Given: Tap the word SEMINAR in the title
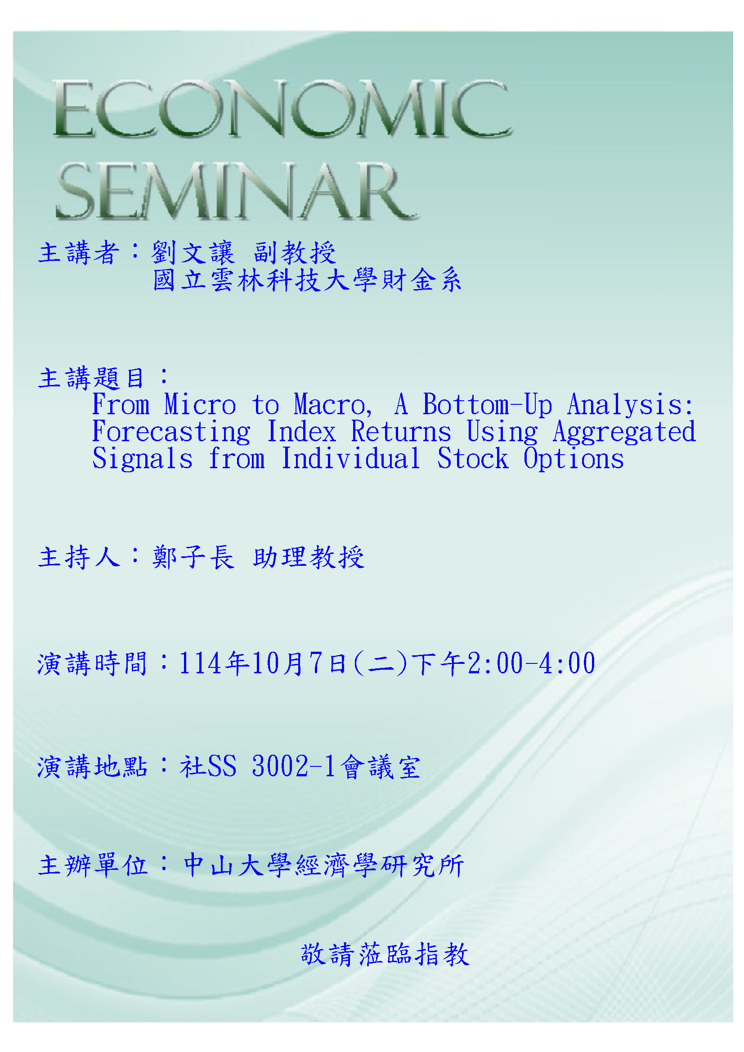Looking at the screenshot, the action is pos(236,191).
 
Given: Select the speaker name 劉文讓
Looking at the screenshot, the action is pos(193,252).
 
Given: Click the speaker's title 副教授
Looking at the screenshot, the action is pos(295,252).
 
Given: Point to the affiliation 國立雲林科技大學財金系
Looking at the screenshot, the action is pos(307,280).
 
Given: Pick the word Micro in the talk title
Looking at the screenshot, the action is pos(200,404).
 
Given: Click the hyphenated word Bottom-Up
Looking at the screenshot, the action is pos(488,405).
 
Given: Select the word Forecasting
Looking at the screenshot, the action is pos(171,432).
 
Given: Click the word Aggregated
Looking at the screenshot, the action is pos(624,432).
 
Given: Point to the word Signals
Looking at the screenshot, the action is pos(143,459).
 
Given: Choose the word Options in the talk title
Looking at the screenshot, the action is pos(574,459).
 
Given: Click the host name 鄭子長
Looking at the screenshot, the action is pos(193,557).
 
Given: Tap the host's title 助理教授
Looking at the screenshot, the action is pos(309,557).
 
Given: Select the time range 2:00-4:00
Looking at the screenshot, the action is pos(531,663).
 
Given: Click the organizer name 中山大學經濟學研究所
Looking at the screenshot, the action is pos(324,865).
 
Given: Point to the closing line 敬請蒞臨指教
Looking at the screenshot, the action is pos(385,954).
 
